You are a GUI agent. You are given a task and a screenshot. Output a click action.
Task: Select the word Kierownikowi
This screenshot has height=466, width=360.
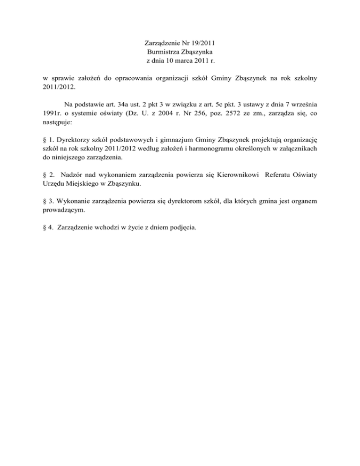click(238, 175)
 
